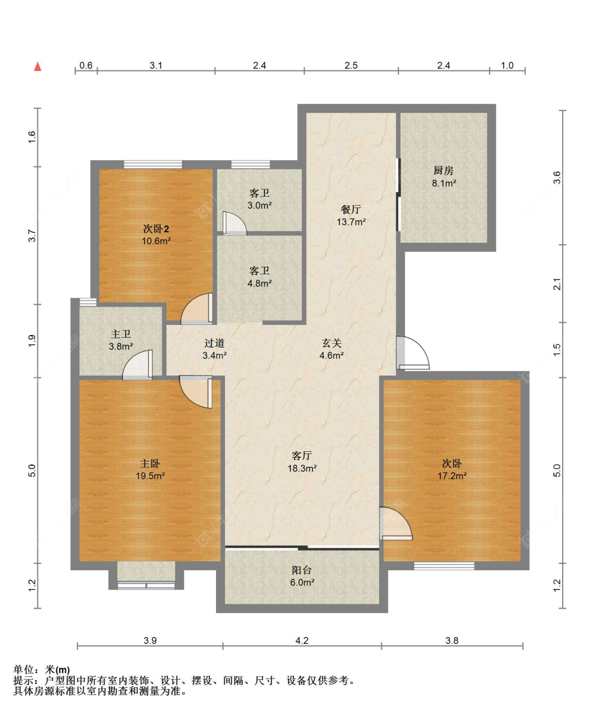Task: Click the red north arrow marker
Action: coord(38,67)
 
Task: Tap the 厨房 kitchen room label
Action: coord(443,170)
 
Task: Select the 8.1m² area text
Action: coord(444,183)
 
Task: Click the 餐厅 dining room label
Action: coord(351,209)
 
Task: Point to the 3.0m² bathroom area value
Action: coord(260,205)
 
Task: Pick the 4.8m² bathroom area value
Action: coord(260,283)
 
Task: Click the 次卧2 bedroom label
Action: coord(156,229)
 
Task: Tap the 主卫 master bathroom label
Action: coord(121,334)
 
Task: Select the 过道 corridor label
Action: coord(214,342)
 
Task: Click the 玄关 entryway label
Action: coord(332,342)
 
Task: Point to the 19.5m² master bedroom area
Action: coord(150,475)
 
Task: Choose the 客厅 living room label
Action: coord(302,456)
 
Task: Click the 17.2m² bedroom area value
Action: coord(452,475)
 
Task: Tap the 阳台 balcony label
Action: coord(302,570)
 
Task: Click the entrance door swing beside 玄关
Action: coord(413,353)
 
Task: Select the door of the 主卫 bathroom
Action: coord(138,365)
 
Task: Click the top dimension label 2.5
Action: coord(351,65)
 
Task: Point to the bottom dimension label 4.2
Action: coord(302,640)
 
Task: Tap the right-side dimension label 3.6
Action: coord(557,177)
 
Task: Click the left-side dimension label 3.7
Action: coord(32,236)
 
